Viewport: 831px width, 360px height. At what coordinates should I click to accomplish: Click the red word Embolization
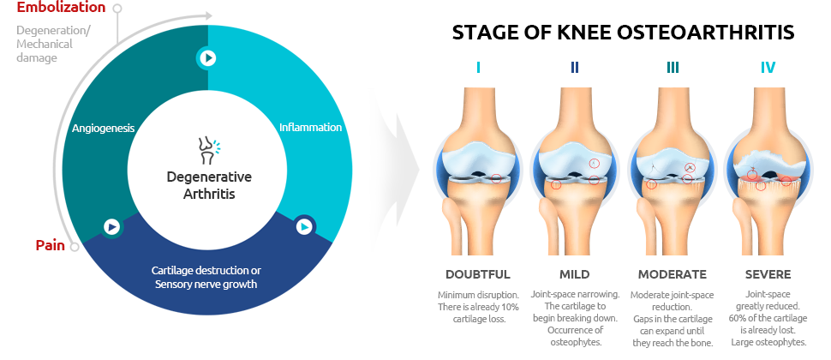point(62,8)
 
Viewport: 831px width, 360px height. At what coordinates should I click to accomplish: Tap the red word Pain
point(51,245)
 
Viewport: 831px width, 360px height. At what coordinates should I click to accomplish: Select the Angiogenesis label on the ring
point(104,129)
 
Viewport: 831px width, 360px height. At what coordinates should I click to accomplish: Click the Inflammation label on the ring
point(311,127)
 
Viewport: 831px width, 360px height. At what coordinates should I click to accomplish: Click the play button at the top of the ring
point(207,57)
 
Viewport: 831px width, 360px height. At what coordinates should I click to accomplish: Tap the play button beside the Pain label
point(112,227)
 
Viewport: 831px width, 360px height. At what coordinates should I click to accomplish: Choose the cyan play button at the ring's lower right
point(304,227)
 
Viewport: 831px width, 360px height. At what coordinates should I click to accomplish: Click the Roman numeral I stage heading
point(479,68)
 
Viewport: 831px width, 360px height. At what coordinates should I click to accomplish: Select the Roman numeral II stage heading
point(575,68)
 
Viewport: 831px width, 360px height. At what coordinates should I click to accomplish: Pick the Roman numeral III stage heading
point(672,68)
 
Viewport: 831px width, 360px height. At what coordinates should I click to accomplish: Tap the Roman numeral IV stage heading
point(768,68)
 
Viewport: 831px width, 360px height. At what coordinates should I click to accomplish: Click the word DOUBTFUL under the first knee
point(478,274)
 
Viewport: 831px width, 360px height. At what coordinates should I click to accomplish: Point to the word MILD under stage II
point(575,274)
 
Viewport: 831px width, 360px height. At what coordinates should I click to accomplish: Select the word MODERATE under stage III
point(672,274)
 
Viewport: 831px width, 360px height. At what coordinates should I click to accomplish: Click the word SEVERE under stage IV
point(768,274)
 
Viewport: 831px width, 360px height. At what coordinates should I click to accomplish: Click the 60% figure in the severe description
point(738,318)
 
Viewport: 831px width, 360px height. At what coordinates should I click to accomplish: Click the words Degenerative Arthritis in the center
point(209,185)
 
